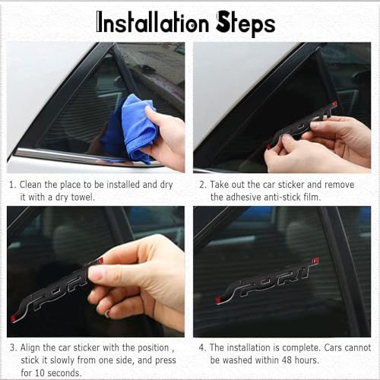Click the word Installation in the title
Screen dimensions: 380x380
153,24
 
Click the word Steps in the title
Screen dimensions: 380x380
245,24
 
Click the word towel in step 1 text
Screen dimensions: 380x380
83,197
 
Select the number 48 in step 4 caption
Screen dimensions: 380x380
287,360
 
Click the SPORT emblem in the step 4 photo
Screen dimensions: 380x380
268,281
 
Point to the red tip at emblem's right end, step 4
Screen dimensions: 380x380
316,261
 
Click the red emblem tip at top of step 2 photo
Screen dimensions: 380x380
334,103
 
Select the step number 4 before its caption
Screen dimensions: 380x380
201,348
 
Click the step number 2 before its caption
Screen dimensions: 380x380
202,185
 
